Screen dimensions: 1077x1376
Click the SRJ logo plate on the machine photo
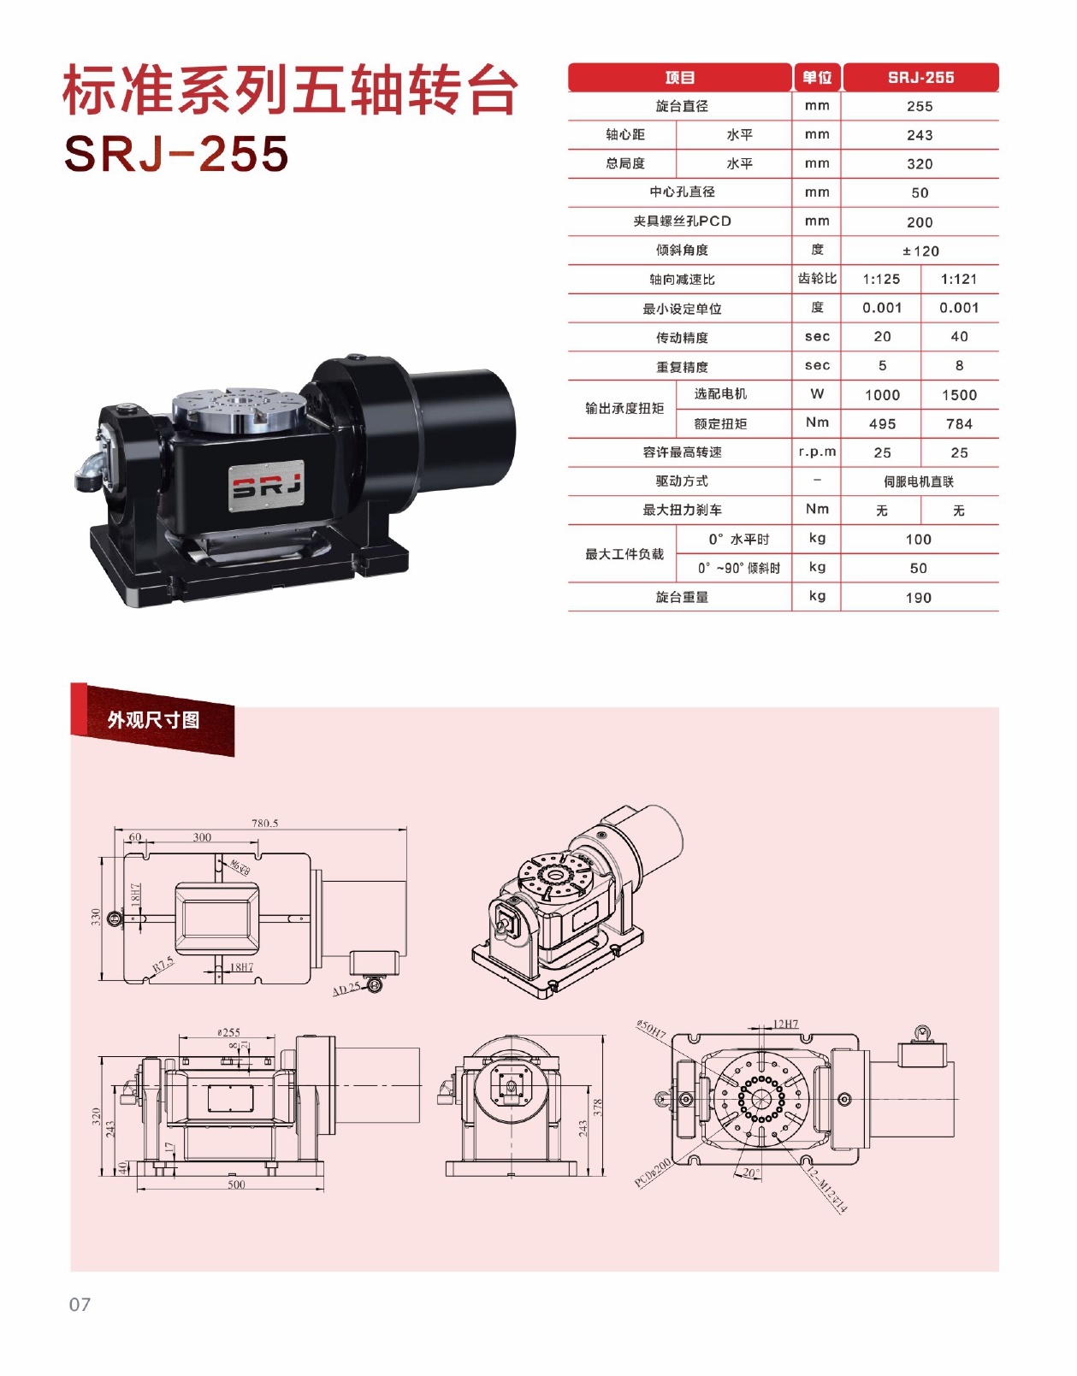(266, 486)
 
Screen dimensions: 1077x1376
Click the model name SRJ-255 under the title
(176, 153)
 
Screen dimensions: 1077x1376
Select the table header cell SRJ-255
(920, 77)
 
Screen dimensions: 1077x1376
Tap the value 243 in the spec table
(920, 135)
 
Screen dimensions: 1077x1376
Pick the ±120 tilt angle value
(920, 251)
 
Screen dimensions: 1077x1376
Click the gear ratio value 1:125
(881, 280)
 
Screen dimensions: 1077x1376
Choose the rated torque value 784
(959, 423)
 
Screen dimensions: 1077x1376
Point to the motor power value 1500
(959, 395)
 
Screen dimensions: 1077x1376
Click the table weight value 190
(919, 598)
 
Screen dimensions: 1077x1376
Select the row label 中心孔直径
(682, 192)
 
